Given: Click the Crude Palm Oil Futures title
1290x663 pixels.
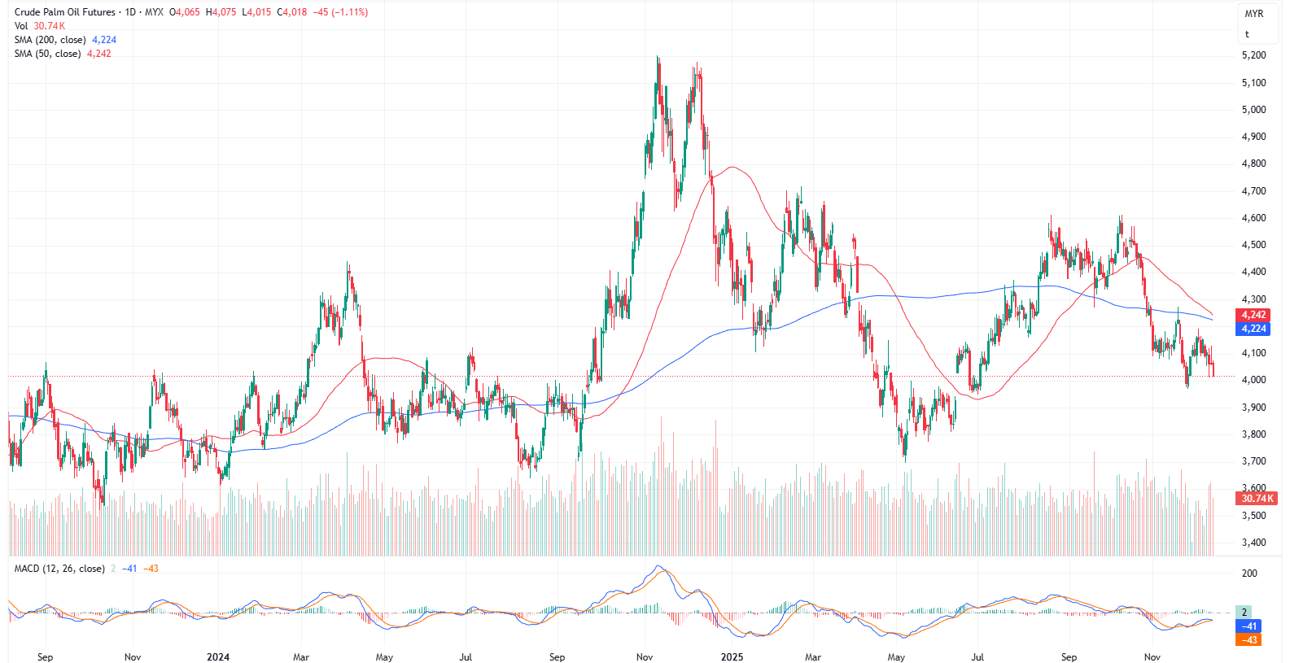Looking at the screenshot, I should (65, 12).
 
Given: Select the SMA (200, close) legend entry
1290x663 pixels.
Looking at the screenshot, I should (50, 40).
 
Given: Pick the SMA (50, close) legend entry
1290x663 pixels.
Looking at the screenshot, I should (47, 54).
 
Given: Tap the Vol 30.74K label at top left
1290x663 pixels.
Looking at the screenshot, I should (39, 26).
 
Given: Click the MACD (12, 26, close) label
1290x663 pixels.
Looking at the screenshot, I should (59, 569).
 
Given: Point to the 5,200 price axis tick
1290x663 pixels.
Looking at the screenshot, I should (1253, 55).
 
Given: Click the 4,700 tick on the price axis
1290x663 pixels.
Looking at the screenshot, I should (1253, 191).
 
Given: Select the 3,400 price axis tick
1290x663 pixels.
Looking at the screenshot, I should (1253, 543).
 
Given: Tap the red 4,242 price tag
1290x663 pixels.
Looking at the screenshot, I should (1253, 315).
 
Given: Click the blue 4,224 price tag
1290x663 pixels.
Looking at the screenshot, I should (1253, 329).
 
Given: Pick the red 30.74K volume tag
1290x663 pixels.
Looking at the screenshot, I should (1256, 499).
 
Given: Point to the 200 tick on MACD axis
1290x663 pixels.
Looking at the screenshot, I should (1249, 574).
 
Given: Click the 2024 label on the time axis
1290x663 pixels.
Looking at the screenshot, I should (218, 657).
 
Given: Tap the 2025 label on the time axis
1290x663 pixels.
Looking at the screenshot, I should (732, 657).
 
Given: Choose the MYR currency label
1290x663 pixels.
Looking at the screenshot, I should (1253, 14).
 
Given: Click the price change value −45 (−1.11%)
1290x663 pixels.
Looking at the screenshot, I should (340, 12).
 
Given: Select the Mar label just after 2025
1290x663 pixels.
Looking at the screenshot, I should (813, 657).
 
